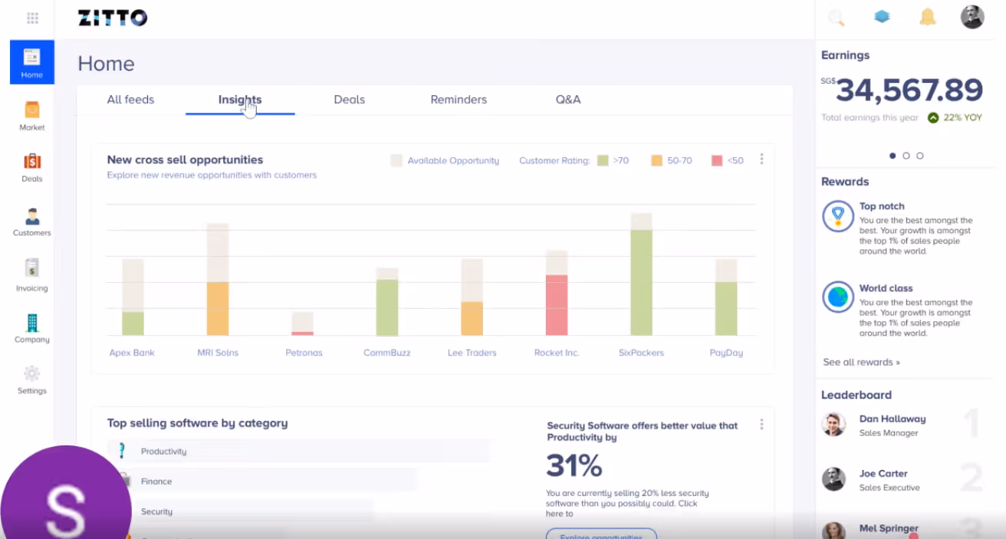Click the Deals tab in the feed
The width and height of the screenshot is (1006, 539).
349,100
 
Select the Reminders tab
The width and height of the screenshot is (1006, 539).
459,100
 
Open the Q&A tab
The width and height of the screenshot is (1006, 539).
568,100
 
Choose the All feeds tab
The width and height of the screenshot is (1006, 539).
130,100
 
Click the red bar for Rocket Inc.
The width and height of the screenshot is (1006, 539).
557,304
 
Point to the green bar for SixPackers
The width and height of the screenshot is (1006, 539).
641,282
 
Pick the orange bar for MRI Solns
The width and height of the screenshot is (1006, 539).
218,308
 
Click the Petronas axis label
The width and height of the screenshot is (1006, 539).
304,353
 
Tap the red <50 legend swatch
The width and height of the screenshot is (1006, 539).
717,161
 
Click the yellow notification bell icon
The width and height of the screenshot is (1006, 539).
928,17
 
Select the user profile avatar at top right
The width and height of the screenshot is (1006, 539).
972,17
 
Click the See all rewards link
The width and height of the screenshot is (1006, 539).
861,362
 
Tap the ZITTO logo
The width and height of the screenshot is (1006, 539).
113,18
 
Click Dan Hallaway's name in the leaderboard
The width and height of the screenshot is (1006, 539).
893,419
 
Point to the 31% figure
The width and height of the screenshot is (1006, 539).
574,465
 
